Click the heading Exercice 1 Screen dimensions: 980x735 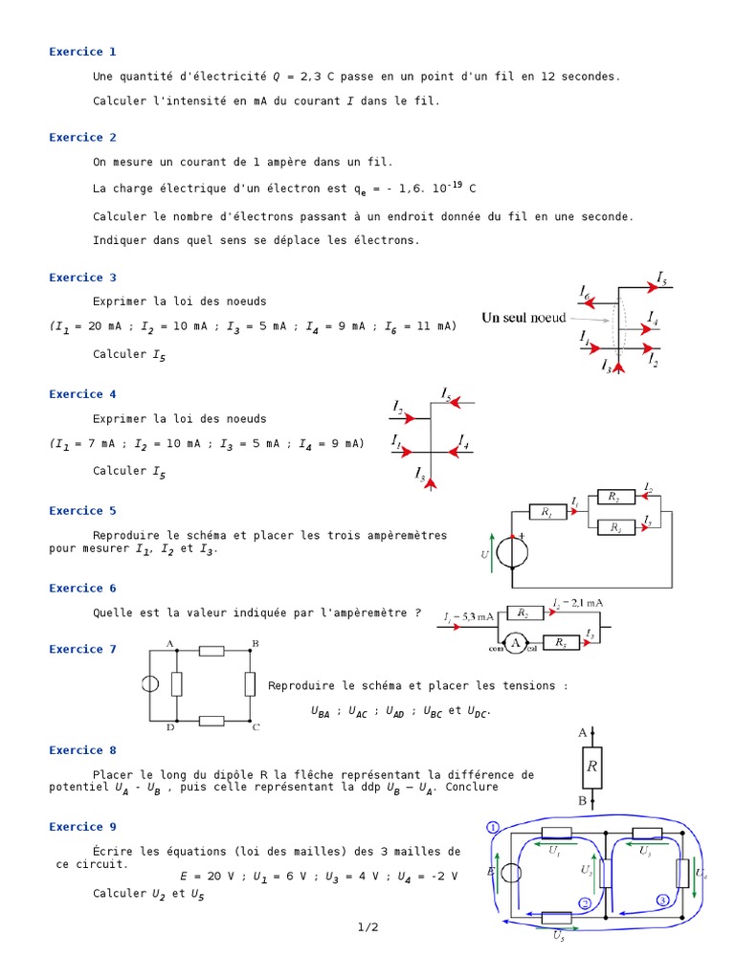pyautogui.click(x=82, y=52)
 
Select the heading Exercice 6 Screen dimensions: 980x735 pyautogui.click(x=82, y=589)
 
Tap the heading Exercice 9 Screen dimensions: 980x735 pyautogui.click(x=82, y=827)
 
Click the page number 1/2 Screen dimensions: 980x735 pyautogui.click(x=367, y=927)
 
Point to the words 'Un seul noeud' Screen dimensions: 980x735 pyautogui.click(x=523, y=318)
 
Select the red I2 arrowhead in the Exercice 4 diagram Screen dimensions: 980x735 pyautogui.click(x=409, y=418)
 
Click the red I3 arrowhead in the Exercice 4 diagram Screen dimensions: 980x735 pyautogui.click(x=432, y=484)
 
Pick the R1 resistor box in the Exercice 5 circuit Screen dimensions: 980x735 pyautogui.click(x=546, y=513)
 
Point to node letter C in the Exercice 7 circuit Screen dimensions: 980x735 pyautogui.click(x=256, y=727)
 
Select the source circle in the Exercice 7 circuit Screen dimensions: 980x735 pyautogui.click(x=150, y=684)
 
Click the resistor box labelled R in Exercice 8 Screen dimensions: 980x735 pyautogui.click(x=592, y=767)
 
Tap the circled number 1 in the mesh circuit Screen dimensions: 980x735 pyautogui.click(x=493, y=827)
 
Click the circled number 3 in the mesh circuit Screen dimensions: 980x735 pyautogui.click(x=662, y=900)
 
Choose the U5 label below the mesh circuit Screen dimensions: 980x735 pyautogui.click(x=559, y=937)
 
